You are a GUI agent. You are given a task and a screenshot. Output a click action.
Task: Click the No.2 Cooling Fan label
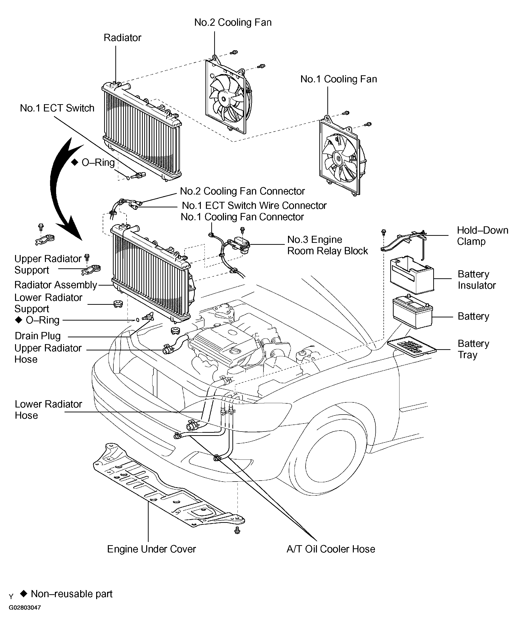tap(233, 22)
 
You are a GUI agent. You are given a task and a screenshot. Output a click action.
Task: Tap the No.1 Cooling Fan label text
tap(339, 79)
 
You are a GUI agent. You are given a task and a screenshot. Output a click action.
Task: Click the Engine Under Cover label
tap(152, 549)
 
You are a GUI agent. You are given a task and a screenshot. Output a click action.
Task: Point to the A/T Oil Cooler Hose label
tap(331, 549)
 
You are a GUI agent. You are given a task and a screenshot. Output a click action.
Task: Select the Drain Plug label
tap(38, 336)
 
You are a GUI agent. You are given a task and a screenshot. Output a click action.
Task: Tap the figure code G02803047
tap(25, 607)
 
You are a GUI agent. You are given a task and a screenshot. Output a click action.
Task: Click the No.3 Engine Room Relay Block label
tap(328, 245)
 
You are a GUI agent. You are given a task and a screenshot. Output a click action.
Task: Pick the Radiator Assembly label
tap(56, 285)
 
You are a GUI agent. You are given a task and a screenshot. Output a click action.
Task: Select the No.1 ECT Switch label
tap(57, 108)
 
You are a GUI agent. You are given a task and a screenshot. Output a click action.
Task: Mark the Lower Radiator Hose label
tap(48, 410)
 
